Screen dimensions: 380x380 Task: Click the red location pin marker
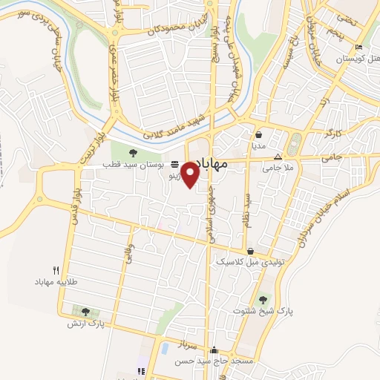click(191, 174)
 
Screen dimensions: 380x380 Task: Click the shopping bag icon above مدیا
click(258, 136)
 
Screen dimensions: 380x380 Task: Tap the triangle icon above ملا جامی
click(278, 157)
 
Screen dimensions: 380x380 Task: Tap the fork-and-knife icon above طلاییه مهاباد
click(56, 271)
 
